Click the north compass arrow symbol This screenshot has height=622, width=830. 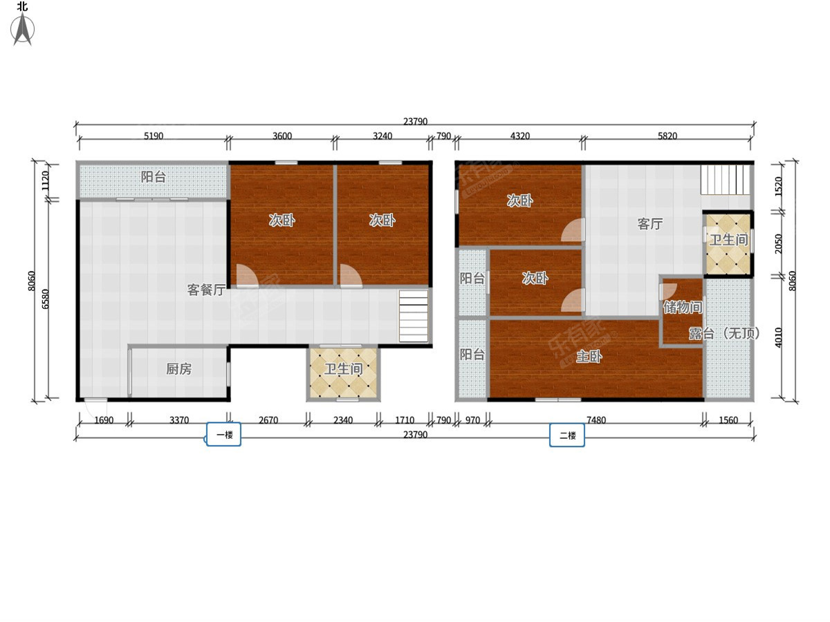22,29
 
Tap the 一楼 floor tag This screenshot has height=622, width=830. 224,434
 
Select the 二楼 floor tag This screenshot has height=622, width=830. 566,435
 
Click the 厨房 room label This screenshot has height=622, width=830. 179,368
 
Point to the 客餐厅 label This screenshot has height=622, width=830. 206,290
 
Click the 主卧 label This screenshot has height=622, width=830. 589,356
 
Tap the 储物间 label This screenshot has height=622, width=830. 683,307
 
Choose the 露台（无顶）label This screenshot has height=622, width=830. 724,333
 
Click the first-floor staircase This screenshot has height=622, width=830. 414,316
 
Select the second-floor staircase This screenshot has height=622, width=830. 725,180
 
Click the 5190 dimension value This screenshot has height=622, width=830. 154,135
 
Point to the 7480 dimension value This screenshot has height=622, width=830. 596,420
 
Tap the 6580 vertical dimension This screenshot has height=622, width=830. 45,299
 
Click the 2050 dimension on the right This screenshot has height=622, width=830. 778,243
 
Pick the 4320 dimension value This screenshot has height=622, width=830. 520,135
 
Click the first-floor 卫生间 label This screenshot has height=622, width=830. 343,368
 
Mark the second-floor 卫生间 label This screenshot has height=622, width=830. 728,240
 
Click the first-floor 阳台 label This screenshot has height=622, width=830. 153,176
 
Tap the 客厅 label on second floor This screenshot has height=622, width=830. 650,223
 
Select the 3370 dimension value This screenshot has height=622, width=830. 179,420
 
